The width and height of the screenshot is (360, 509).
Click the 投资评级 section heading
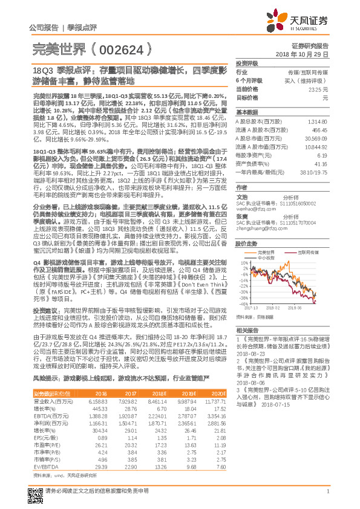(x=247, y=63)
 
